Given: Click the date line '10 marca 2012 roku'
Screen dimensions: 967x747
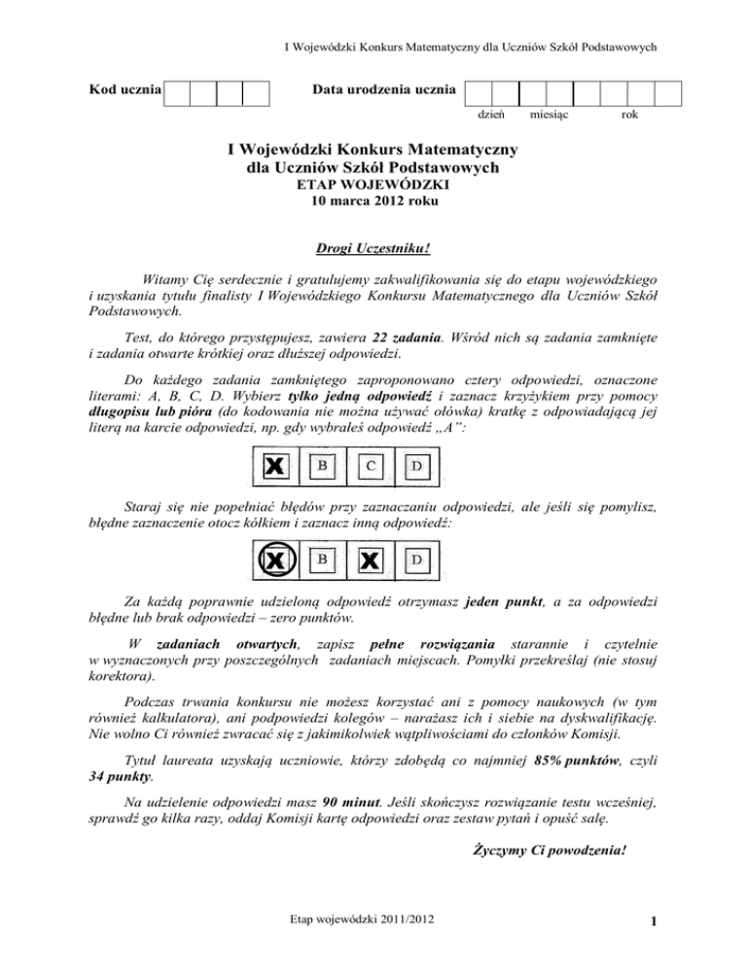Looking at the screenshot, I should pyautogui.click(x=373, y=205).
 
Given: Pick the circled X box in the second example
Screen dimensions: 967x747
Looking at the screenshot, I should pyautogui.click(x=276, y=559).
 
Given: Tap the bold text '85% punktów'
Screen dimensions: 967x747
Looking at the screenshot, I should pyautogui.click(x=576, y=759).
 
